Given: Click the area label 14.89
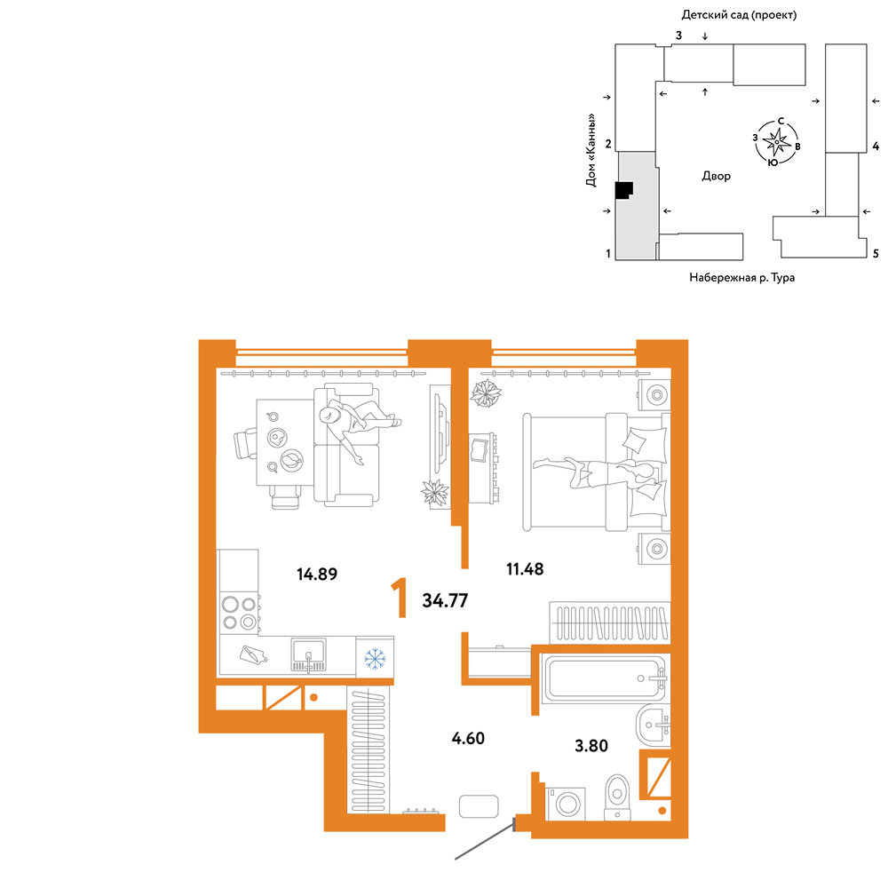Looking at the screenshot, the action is [x=317, y=575].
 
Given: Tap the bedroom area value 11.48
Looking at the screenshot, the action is [x=525, y=568].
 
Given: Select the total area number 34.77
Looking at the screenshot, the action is [x=445, y=600].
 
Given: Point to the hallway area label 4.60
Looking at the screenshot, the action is [x=468, y=739].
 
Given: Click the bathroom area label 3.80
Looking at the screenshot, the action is [x=591, y=746].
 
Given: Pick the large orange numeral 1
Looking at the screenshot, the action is [x=400, y=598].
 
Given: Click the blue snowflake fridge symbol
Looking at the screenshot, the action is [x=375, y=659].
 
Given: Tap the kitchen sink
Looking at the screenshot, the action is [x=309, y=654].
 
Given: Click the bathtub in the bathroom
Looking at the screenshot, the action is [x=603, y=678].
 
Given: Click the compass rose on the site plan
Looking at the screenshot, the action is [x=776, y=141].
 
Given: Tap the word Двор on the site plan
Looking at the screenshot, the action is [x=717, y=176].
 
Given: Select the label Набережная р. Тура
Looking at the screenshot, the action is [x=741, y=277].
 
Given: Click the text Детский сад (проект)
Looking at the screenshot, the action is [x=739, y=15].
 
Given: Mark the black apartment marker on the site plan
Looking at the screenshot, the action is [x=623, y=190].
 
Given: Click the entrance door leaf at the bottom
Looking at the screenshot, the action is [x=485, y=840].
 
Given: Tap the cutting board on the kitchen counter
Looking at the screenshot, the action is [x=253, y=655].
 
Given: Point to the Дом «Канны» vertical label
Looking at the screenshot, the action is [x=591, y=150].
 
